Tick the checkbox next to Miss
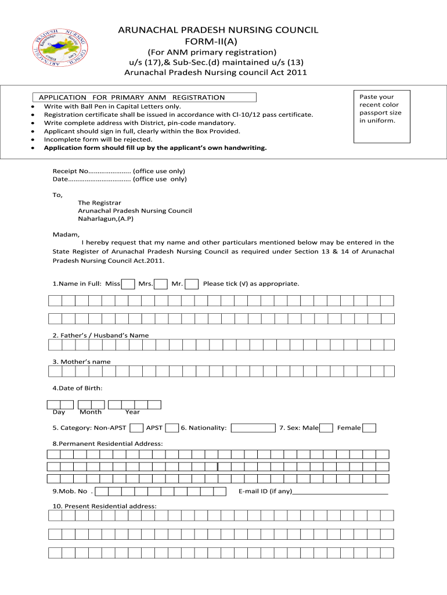(129, 284)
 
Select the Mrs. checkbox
(161, 284)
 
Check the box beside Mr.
(192, 284)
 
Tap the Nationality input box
(253, 428)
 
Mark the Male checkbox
(327, 428)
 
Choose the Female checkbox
(369, 428)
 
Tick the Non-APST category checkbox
(136, 428)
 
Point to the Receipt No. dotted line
(109, 171)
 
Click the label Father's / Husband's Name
(100, 335)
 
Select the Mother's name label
(81, 361)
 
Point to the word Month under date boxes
(91, 412)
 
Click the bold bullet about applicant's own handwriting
(156, 148)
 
